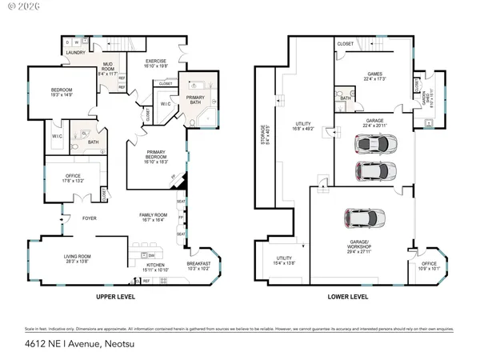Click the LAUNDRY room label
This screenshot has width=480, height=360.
tap(75, 52)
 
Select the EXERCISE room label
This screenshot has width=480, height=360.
tap(155, 62)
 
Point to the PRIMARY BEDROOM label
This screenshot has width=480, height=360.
tap(155, 155)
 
